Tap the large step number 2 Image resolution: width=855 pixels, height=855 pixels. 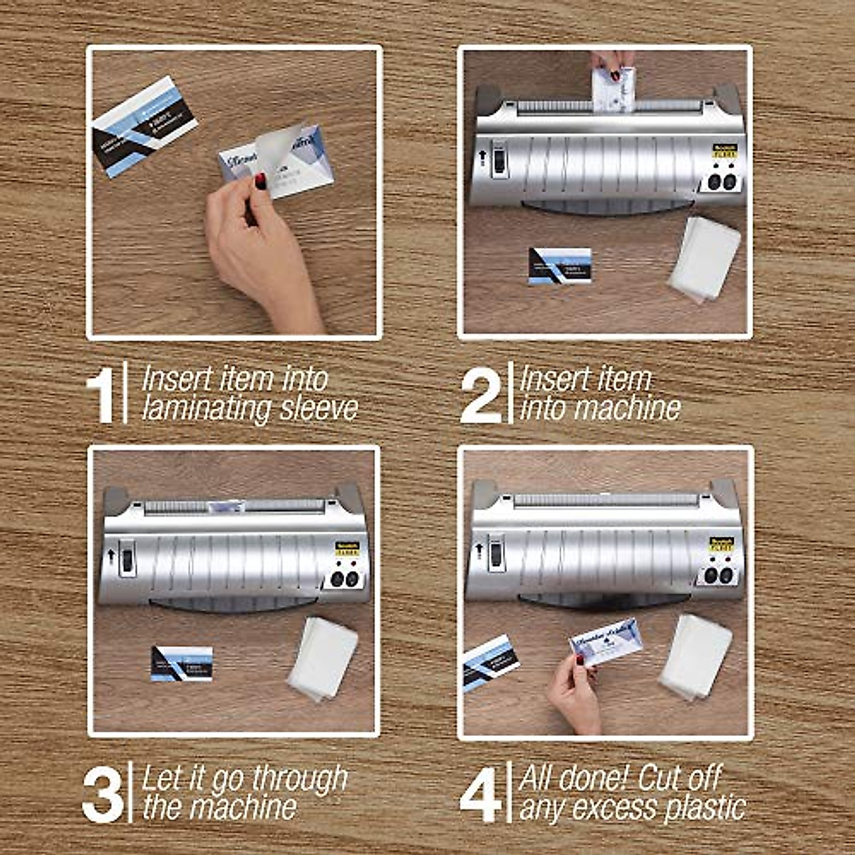point(481,394)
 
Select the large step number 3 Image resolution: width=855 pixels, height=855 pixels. point(102,793)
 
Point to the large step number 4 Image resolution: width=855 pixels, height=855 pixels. point(482,792)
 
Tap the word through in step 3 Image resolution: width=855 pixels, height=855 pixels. point(299,779)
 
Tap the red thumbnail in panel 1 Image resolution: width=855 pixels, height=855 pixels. point(261,181)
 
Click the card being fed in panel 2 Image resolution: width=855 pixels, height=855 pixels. point(613,88)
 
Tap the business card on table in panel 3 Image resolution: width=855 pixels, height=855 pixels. point(182,663)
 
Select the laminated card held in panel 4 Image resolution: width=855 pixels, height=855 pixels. point(606,643)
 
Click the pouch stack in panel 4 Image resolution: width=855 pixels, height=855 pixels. point(695,655)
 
